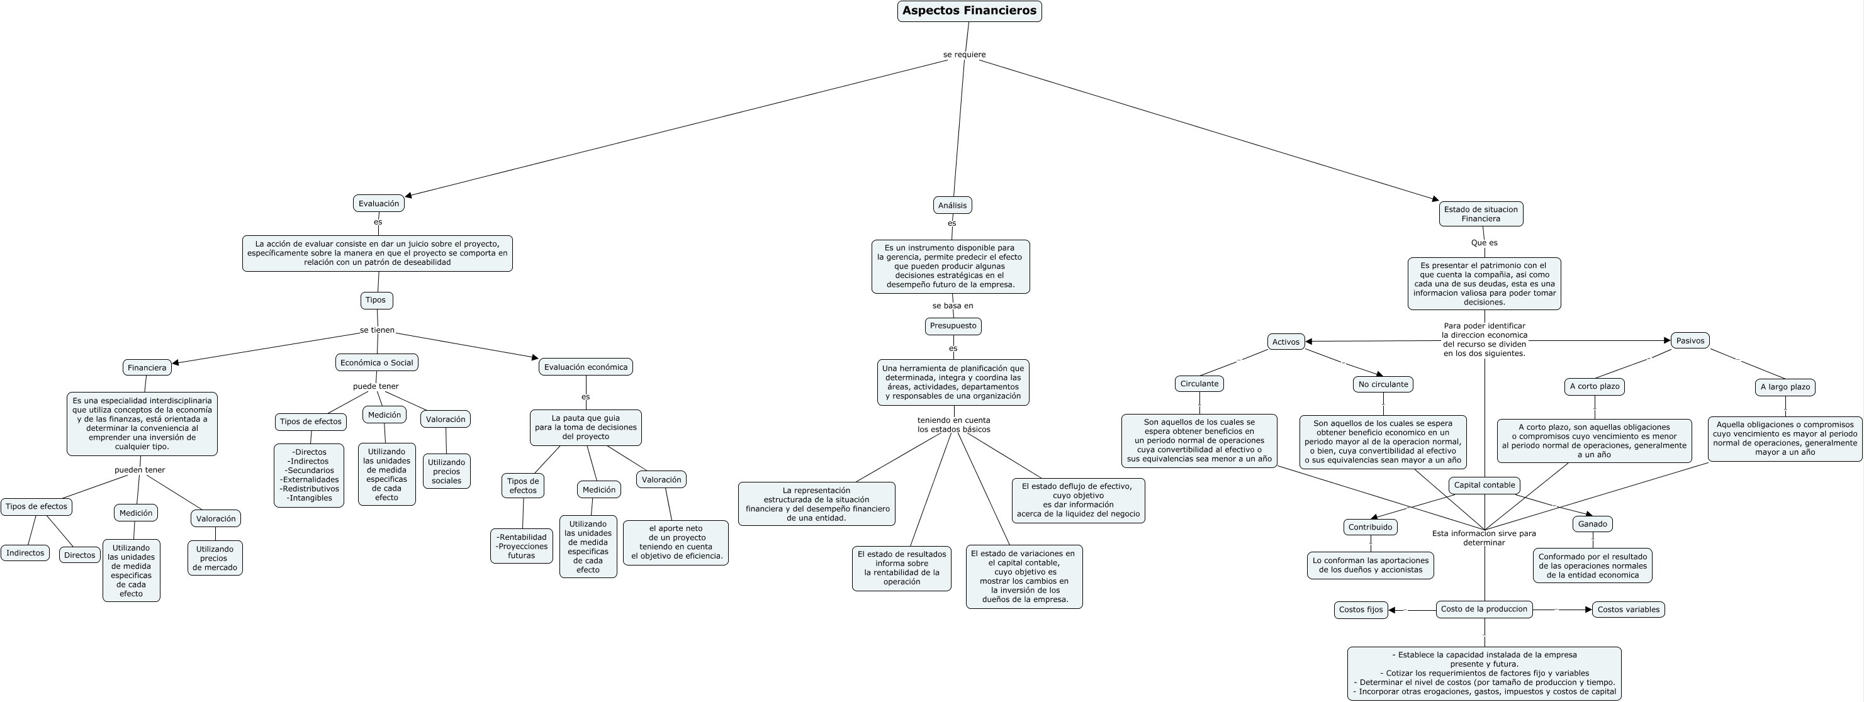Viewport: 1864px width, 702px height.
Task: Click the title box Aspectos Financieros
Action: point(969,11)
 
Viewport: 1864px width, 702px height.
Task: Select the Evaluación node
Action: point(378,203)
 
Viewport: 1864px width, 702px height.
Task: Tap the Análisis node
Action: point(952,205)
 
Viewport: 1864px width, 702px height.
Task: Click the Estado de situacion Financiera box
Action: point(1481,214)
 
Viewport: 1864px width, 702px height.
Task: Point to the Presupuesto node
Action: point(953,326)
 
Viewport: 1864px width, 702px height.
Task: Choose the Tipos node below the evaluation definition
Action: point(376,300)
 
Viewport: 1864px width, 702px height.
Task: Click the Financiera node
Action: point(147,367)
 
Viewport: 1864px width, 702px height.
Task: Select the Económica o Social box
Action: point(376,362)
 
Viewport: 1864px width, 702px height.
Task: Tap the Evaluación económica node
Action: point(585,367)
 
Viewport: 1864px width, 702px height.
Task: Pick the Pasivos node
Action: point(1690,340)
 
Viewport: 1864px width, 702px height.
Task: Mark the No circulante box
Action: point(1383,384)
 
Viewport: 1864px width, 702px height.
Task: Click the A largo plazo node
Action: point(1785,387)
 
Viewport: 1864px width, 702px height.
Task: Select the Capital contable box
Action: point(1484,485)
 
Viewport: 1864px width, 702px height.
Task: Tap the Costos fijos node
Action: point(1361,610)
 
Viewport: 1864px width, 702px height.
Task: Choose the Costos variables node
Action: point(1628,610)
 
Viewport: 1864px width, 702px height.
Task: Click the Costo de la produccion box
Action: point(1483,609)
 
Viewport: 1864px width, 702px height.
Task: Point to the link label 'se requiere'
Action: point(964,54)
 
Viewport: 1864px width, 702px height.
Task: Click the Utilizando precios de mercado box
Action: point(215,558)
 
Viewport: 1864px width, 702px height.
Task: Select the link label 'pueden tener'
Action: point(140,470)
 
